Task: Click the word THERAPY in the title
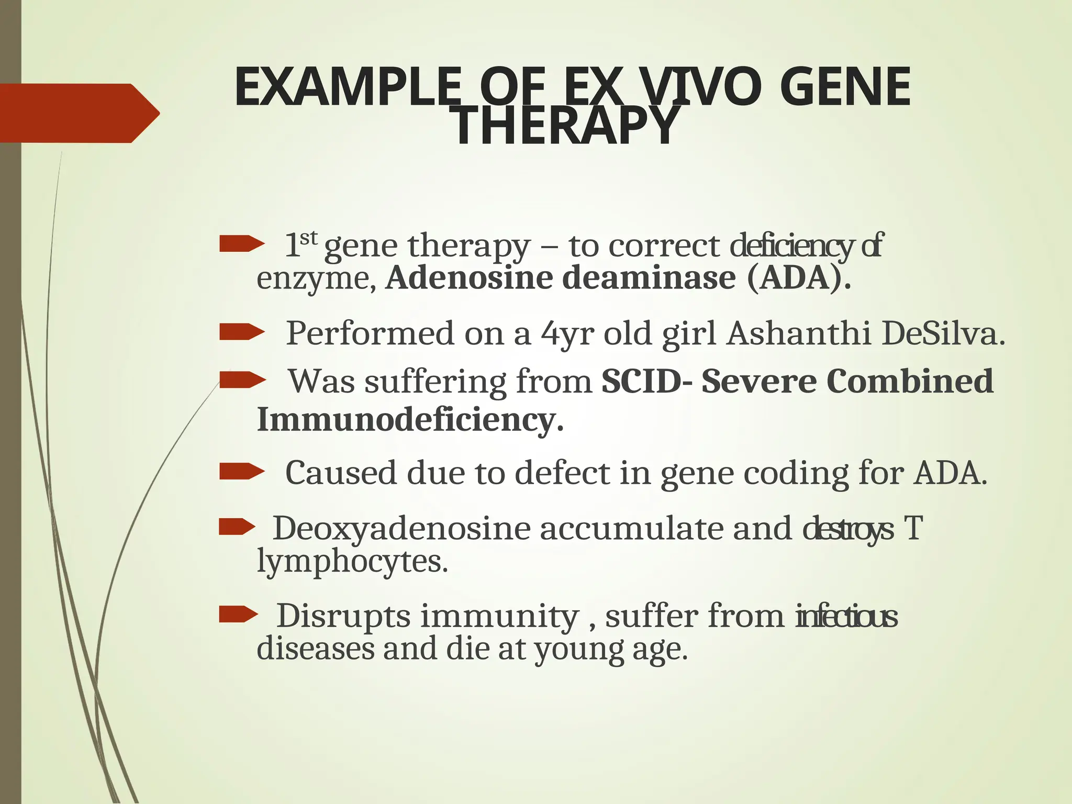[x=565, y=126]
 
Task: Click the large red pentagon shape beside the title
[x=79, y=113]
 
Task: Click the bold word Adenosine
[x=468, y=278]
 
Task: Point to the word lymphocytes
[x=352, y=563]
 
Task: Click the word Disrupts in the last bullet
[x=343, y=616]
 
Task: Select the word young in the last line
[x=579, y=650]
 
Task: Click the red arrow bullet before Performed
[x=241, y=332]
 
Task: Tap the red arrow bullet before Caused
[x=241, y=471]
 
